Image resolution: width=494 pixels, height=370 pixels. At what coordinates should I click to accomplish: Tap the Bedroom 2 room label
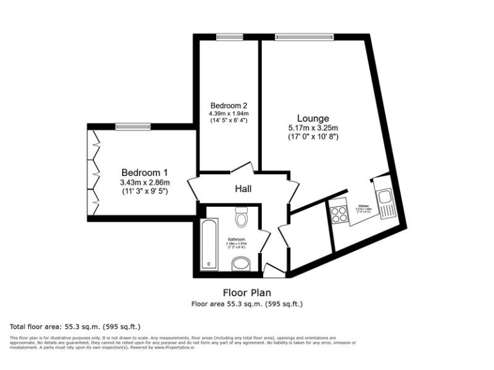[228, 105]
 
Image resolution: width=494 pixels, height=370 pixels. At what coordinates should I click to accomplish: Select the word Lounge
[313, 118]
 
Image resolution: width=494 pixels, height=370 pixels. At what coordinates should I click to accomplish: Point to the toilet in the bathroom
[242, 218]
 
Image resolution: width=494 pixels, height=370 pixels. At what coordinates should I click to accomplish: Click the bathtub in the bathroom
[209, 243]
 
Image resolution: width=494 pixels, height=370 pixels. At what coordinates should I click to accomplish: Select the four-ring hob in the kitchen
[339, 215]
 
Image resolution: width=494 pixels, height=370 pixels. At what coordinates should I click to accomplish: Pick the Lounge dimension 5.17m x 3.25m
[313, 128]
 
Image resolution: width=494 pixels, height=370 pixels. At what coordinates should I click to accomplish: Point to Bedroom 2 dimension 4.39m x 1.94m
[228, 114]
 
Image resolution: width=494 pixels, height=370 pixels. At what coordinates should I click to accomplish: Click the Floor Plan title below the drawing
[247, 292]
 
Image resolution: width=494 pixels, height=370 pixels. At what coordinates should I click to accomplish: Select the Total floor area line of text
[75, 326]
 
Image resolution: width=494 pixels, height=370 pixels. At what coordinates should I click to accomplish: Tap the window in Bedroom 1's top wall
[133, 127]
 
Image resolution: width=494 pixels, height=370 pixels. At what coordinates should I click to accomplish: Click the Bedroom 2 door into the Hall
[239, 168]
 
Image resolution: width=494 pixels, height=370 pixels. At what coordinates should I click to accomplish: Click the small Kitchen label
[364, 205]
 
